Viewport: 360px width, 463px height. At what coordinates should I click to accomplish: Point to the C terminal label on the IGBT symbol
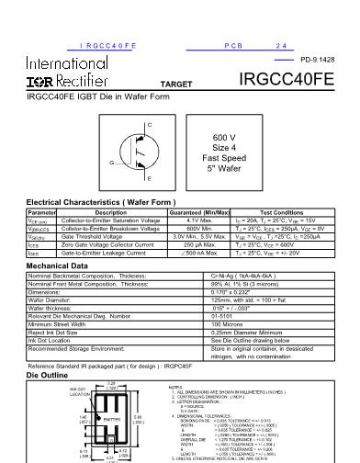[x=123, y=122]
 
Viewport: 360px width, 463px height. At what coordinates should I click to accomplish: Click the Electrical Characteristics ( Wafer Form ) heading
[x=87, y=201]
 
